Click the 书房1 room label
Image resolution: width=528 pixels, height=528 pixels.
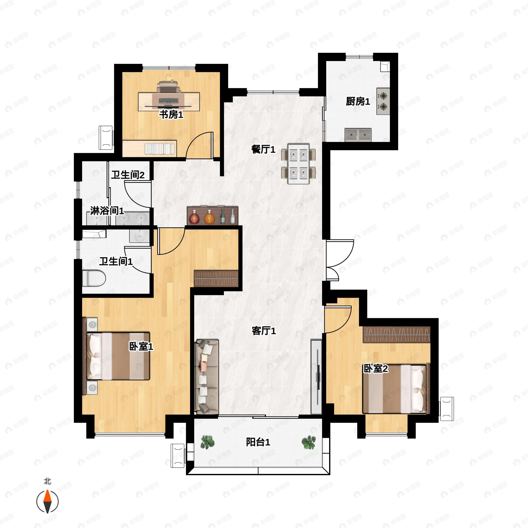171,115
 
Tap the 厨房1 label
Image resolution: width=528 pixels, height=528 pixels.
358,102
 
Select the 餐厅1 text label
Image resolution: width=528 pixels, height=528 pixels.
263,150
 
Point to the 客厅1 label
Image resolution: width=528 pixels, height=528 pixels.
264,331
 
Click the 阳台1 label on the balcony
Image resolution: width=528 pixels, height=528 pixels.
258,442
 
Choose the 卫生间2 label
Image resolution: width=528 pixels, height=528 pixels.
128,175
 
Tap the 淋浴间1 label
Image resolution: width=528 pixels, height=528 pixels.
107,211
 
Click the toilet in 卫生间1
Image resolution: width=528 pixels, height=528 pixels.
94,278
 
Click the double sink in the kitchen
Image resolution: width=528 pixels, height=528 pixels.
358,135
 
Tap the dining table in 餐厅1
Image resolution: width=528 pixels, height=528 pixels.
299,164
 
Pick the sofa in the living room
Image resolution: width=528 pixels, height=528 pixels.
206,376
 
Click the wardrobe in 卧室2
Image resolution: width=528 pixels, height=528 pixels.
396,334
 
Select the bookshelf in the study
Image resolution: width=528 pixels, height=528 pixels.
159,149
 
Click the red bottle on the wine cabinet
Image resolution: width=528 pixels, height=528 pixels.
194,217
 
